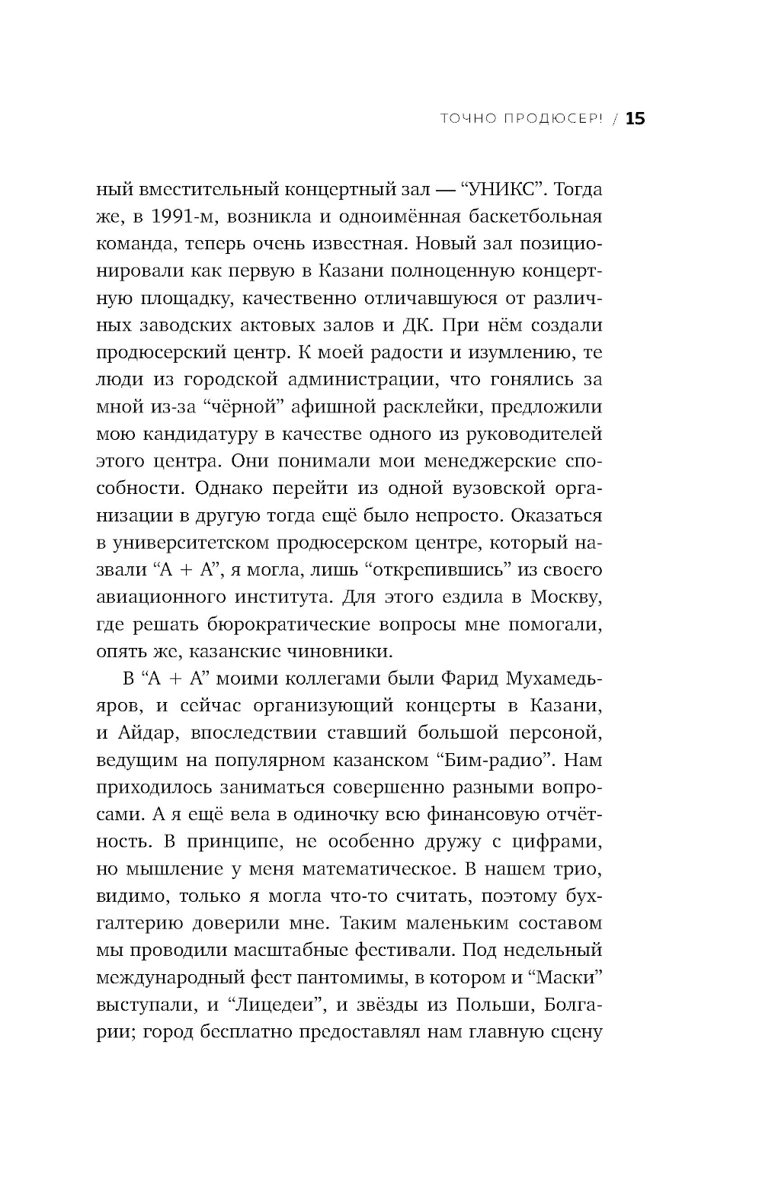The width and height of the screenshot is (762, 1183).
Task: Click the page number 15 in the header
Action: tap(635, 118)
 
